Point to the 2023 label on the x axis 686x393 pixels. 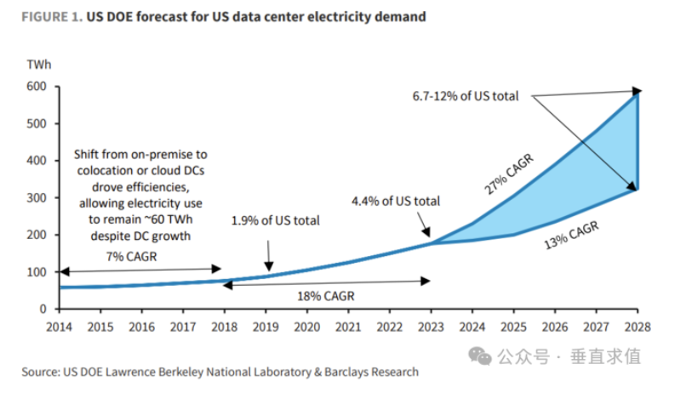(x=430, y=325)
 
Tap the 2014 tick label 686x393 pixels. (x=59, y=325)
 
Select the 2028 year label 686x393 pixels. (x=637, y=325)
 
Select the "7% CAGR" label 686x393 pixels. (x=135, y=255)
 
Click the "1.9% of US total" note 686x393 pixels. (x=275, y=220)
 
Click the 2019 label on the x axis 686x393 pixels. (x=266, y=325)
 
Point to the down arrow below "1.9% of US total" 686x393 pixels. (x=268, y=253)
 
